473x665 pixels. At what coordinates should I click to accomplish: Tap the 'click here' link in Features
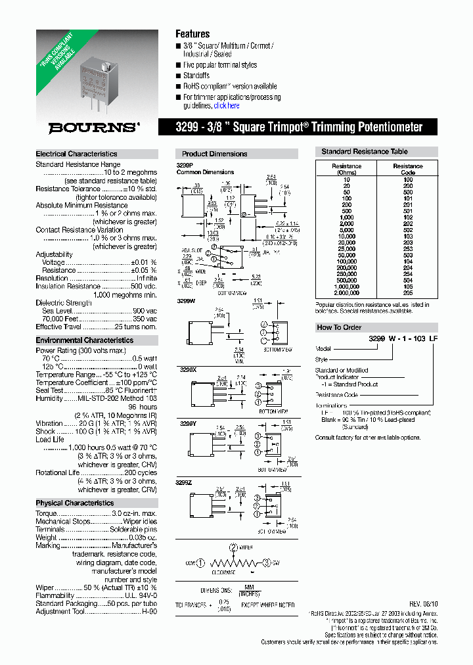point(227,106)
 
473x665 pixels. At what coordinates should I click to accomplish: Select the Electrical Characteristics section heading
point(76,154)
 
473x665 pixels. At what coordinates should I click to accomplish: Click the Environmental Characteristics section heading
point(84,340)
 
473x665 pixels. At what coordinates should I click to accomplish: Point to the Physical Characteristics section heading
point(74,503)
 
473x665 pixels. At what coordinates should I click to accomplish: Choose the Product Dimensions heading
point(214,154)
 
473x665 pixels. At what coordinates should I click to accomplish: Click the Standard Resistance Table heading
point(364,152)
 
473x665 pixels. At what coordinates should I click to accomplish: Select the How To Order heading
point(339,327)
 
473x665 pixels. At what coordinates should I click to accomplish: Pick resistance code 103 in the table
point(407,236)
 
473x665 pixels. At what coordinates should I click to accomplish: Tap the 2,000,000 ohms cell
point(346,294)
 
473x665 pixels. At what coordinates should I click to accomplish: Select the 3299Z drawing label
point(187,482)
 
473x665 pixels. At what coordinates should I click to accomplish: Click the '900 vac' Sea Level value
point(145,310)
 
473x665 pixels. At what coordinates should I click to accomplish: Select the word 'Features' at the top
point(192,34)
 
